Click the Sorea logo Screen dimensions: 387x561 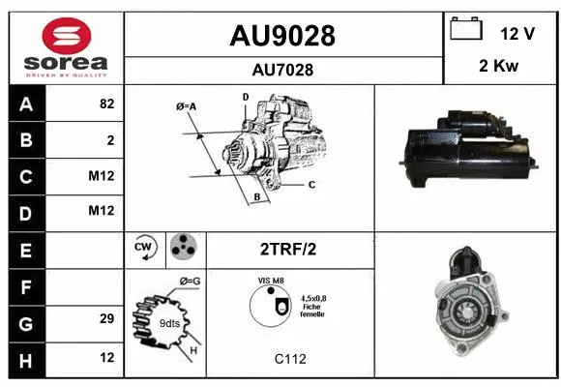(66, 47)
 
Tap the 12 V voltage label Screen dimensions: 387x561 (517, 33)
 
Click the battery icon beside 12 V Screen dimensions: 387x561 (466, 30)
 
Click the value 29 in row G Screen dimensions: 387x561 (106, 318)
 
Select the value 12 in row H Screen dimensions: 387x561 (106, 355)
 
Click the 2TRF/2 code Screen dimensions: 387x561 (287, 249)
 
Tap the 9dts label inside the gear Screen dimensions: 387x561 (168, 322)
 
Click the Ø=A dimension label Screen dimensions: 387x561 (187, 105)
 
